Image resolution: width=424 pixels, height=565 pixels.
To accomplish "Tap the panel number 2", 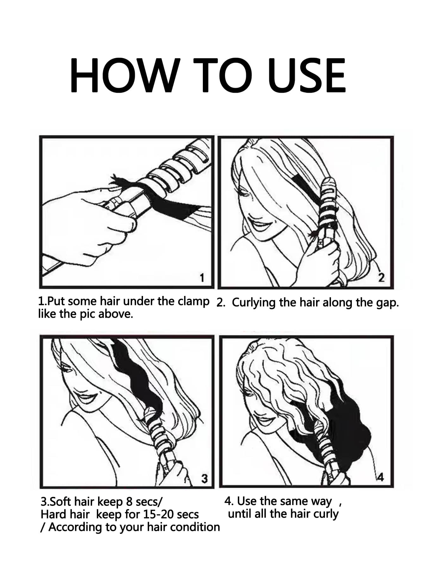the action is click(382, 278).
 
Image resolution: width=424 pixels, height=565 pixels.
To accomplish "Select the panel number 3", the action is click(205, 478).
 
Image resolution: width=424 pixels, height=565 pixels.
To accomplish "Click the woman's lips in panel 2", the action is click(258, 223).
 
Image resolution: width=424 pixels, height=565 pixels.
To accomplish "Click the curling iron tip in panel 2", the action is click(328, 182).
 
